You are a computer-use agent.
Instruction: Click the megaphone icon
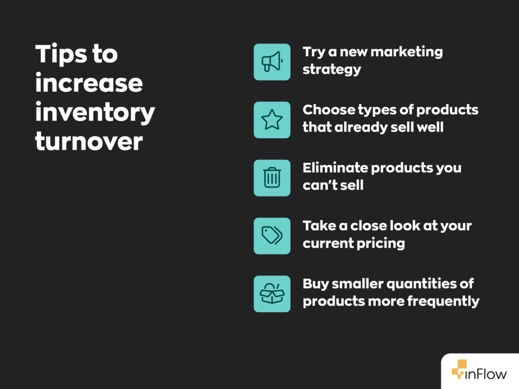coord(272,62)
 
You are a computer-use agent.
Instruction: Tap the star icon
coord(272,120)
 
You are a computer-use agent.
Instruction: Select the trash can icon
coord(272,178)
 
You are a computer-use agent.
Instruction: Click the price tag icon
coord(272,236)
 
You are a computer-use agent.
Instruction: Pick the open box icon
coord(272,294)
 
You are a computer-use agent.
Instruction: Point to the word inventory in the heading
coord(95,112)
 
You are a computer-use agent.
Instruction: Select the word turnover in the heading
coord(88,141)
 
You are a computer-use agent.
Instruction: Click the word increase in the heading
coord(88,83)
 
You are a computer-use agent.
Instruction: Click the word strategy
coord(332,69)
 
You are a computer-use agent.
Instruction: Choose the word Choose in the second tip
coord(328,110)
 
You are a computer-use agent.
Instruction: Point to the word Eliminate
coord(335,168)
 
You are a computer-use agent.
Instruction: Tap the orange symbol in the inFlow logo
coord(459,369)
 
